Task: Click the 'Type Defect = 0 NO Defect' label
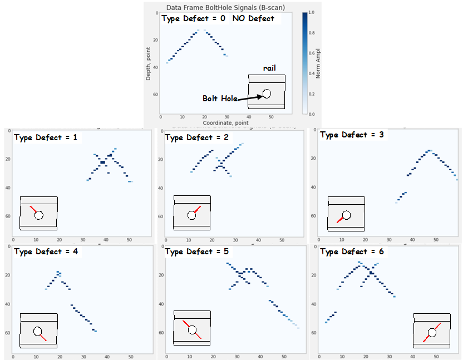218,18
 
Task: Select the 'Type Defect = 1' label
46,137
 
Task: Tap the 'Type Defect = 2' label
197,137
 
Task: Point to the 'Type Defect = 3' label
352,135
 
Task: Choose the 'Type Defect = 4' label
46,251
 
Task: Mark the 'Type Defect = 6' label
352,251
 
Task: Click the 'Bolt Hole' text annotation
220,98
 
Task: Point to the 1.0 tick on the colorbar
311,12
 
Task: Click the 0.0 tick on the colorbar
311,114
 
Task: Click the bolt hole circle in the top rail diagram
267,93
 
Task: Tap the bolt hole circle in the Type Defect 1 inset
38,215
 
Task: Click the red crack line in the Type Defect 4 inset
43,337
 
